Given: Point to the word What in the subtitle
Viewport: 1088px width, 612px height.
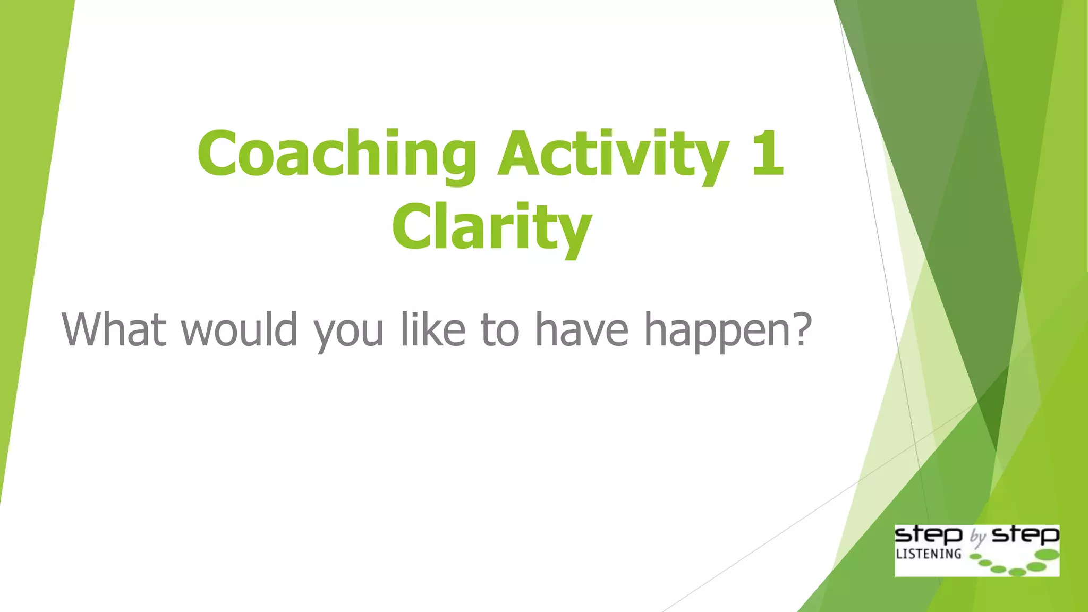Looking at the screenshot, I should coord(114,329).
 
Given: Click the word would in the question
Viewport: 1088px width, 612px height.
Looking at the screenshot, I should coord(239,329).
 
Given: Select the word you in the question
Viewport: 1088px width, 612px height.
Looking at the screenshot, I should coord(348,332).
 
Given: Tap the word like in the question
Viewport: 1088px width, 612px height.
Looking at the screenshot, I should coord(433,329).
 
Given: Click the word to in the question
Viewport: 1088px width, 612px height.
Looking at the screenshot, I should coord(499,329).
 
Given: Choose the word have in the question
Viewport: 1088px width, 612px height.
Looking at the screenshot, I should coord(582,329).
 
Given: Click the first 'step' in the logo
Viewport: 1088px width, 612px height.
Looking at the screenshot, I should coord(929,535).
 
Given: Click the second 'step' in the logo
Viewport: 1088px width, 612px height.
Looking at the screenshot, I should coord(1025,535).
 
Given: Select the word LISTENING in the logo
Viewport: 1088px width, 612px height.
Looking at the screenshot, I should coord(929,554).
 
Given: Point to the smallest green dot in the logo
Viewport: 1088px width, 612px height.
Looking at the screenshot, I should coord(975,557).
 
